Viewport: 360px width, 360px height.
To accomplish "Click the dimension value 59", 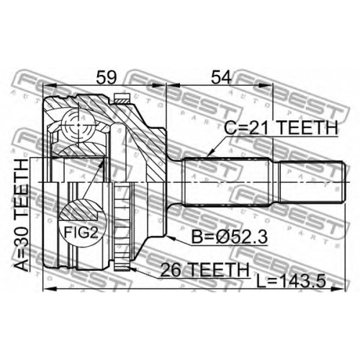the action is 107,77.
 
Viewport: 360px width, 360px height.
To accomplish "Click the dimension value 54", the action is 222,77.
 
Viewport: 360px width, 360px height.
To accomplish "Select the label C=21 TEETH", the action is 281,127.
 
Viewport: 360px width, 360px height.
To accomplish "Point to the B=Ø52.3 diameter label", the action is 229,237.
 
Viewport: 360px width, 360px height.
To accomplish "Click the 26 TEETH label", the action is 204,270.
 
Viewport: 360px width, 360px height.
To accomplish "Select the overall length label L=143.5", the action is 291,281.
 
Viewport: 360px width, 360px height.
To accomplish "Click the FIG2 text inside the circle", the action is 81,233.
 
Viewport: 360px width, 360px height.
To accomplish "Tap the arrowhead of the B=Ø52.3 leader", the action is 171,238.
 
